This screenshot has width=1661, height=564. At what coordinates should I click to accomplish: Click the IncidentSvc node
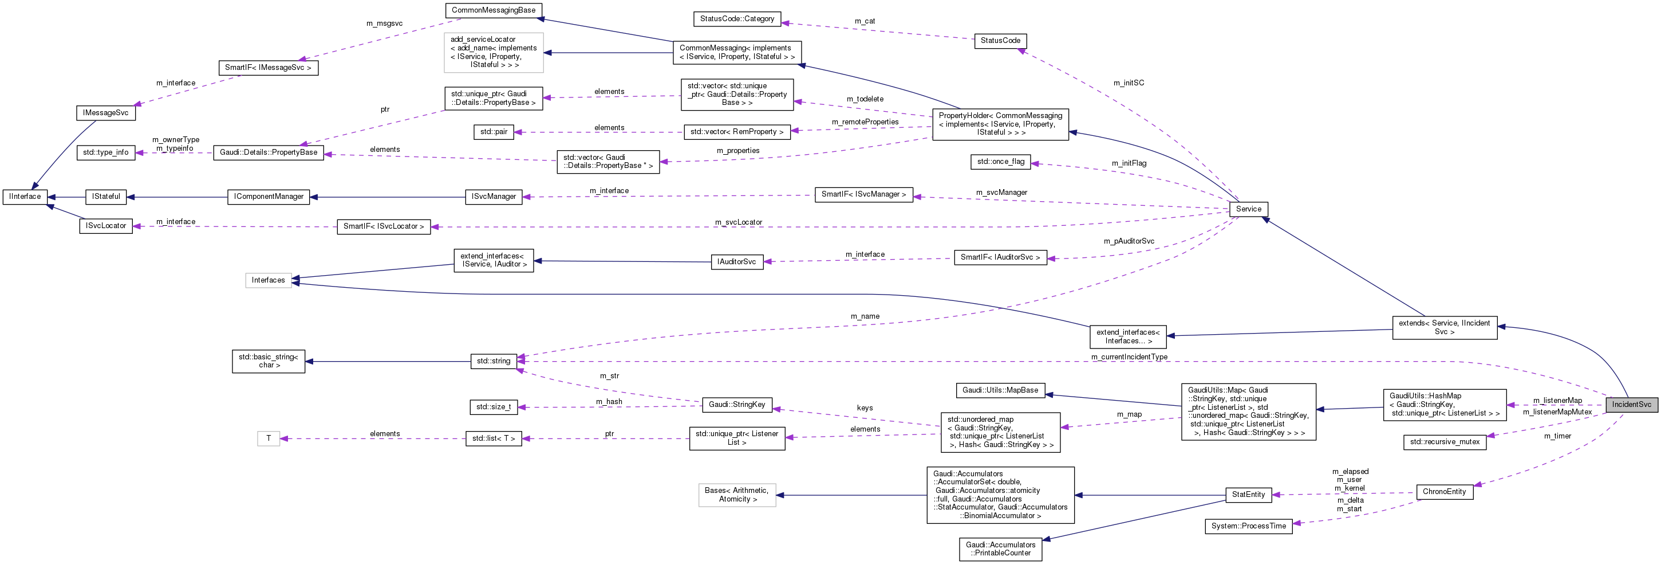[1631, 405]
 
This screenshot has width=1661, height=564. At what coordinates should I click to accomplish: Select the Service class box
[1248, 209]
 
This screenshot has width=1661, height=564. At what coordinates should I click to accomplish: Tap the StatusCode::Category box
[737, 19]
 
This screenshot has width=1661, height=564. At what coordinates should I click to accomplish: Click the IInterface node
[25, 197]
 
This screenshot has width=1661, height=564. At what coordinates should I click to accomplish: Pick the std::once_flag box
[1000, 162]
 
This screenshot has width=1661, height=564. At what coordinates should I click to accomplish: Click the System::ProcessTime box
[1248, 527]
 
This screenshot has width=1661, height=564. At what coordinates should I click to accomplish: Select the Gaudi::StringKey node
[736, 405]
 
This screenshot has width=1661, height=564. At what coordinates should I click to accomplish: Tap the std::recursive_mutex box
[1445, 442]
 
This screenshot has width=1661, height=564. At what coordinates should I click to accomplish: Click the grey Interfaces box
[268, 280]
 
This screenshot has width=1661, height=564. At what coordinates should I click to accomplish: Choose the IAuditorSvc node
[736, 262]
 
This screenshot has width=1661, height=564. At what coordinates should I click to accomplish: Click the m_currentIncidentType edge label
[1129, 357]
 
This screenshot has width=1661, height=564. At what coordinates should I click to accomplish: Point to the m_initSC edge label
[1129, 83]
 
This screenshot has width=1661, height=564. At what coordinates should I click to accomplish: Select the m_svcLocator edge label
[737, 222]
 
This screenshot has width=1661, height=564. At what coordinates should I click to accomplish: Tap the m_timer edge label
[1557, 436]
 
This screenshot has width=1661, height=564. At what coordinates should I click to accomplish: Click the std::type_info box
[106, 153]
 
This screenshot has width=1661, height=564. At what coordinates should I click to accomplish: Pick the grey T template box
[268, 439]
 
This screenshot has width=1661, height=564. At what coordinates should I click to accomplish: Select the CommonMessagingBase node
[494, 10]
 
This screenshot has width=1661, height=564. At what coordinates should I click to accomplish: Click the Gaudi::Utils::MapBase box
[1000, 390]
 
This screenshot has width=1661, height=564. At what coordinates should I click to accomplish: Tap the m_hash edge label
[609, 402]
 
